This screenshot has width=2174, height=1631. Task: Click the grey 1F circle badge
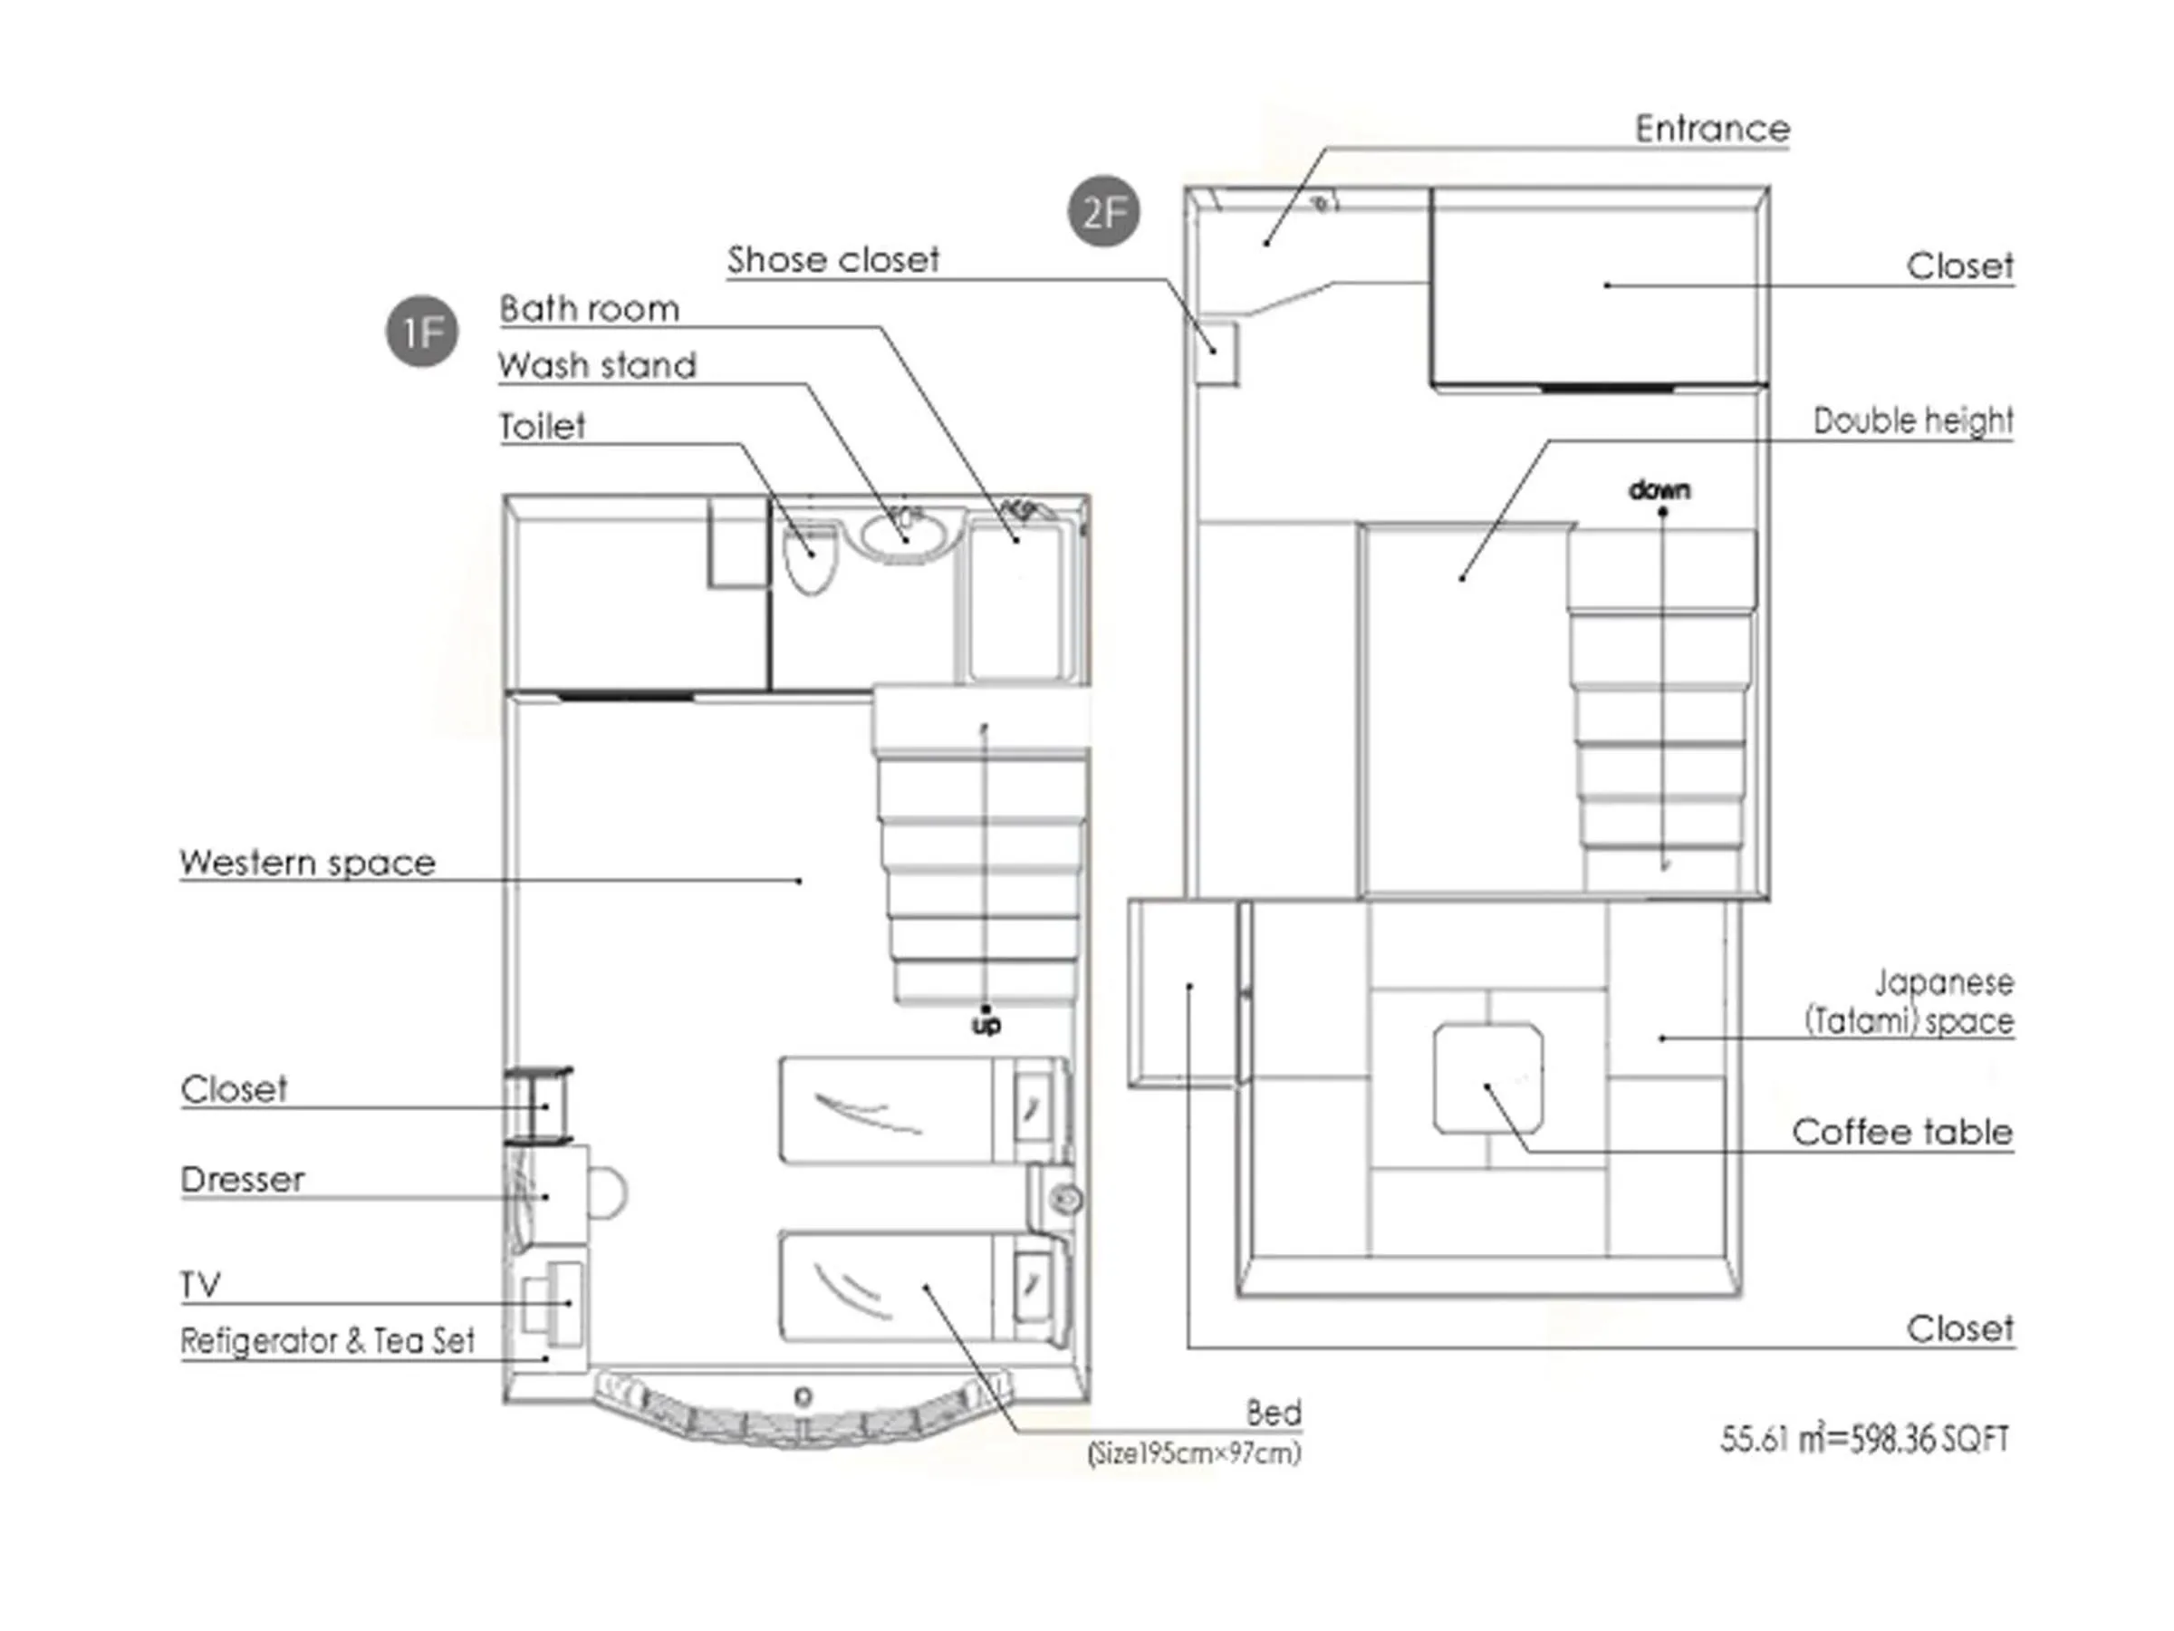click(x=421, y=333)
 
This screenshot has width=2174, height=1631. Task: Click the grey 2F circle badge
click(x=1103, y=211)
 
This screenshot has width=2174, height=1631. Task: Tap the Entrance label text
click(x=1711, y=129)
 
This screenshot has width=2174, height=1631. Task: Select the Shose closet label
click(x=832, y=259)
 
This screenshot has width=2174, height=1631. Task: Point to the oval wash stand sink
click(x=904, y=534)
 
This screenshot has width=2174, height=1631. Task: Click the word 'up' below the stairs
click(x=986, y=1025)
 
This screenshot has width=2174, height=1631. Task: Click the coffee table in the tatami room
click(x=1488, y=1078)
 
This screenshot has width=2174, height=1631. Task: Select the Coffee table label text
click(x=1900, y=1132)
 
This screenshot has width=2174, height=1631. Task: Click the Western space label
click(x=307, y=863)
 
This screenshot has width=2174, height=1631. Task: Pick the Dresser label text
click(x=242, y=1179)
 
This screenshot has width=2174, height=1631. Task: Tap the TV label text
click(x=200, y=1284)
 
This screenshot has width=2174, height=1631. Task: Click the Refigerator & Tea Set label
click(x=327, y=1340)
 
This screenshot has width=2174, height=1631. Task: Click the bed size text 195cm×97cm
click(x=1194, y=1452)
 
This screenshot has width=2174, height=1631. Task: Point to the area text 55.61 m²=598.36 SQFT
click(x=1863, y=1439)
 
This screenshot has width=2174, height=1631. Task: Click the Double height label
click(x=1911, y=420)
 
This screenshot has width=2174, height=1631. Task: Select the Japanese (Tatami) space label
click(x=1909, y=1002)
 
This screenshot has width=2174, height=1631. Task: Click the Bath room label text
click(x=589, y=309)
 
